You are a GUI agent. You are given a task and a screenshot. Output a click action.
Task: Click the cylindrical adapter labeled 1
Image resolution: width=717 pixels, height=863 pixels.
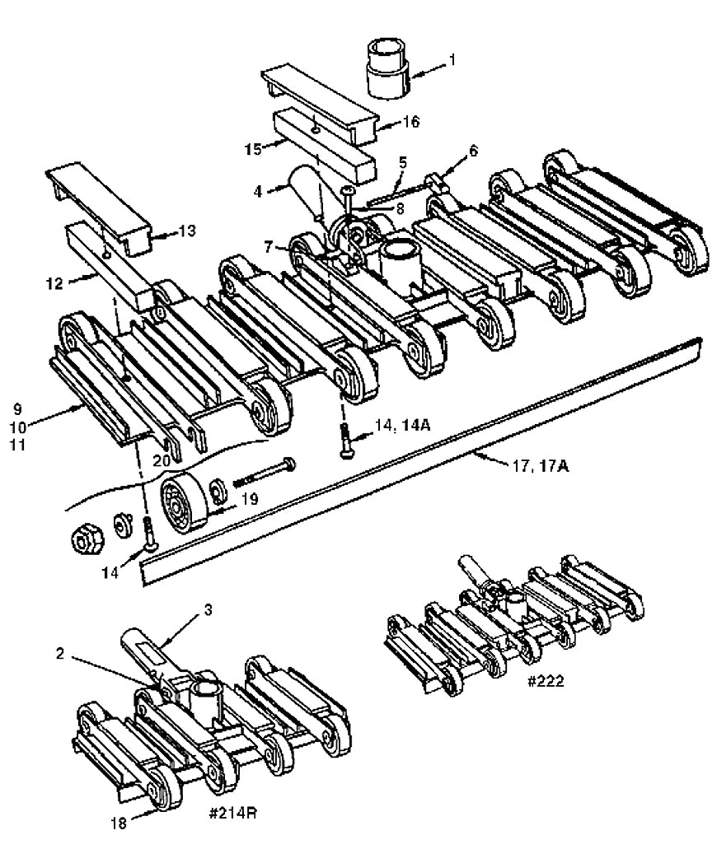(x=387, y=68)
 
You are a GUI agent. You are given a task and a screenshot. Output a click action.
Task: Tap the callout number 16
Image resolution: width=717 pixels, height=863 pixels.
(x=410, y=122)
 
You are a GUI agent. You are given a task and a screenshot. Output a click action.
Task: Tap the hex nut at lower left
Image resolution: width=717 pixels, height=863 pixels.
(x=85, y=539)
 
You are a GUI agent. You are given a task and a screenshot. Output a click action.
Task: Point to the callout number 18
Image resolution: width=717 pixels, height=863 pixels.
(x=119, y=823)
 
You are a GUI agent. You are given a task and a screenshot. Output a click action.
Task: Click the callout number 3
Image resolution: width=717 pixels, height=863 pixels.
(x=208, y=609)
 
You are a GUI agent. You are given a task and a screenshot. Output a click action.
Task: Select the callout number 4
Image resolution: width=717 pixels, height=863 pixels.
(x=258, y=190)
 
